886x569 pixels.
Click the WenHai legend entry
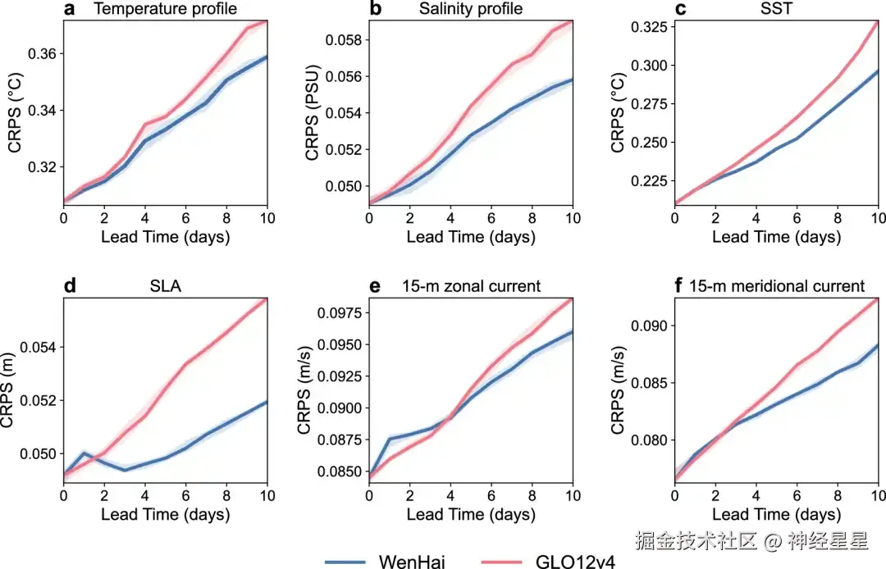[x=413, y=561]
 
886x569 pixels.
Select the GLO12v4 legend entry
[x=574, y=561]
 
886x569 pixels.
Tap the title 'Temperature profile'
[x=166, y=10]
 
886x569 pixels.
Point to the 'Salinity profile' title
[x=471, y=10]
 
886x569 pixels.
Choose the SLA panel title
[x=166, y=286]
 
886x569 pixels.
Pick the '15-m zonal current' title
[x=471, y=286]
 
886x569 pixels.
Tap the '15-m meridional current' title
[x=776, y=286]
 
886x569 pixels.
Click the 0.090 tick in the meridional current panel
[x=647, y=326]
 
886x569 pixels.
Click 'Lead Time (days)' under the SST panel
[x=776, y=237]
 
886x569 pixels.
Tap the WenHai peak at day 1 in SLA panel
[x=84, y=453]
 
